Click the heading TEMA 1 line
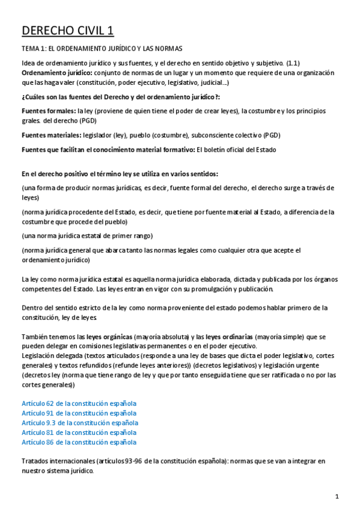[102, 48]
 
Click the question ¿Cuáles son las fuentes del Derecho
[120, 96]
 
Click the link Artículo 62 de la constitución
[79, 403]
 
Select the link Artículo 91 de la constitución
[79, 413]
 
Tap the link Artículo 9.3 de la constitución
[80, 422]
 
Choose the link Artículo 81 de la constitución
[79, 432]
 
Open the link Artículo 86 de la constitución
[79, 441]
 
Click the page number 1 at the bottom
[338, 496]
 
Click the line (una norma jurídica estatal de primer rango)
[87, 235]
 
